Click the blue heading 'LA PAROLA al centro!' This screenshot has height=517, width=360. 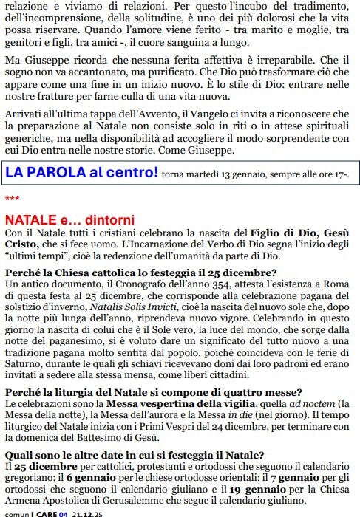point(81,174)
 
